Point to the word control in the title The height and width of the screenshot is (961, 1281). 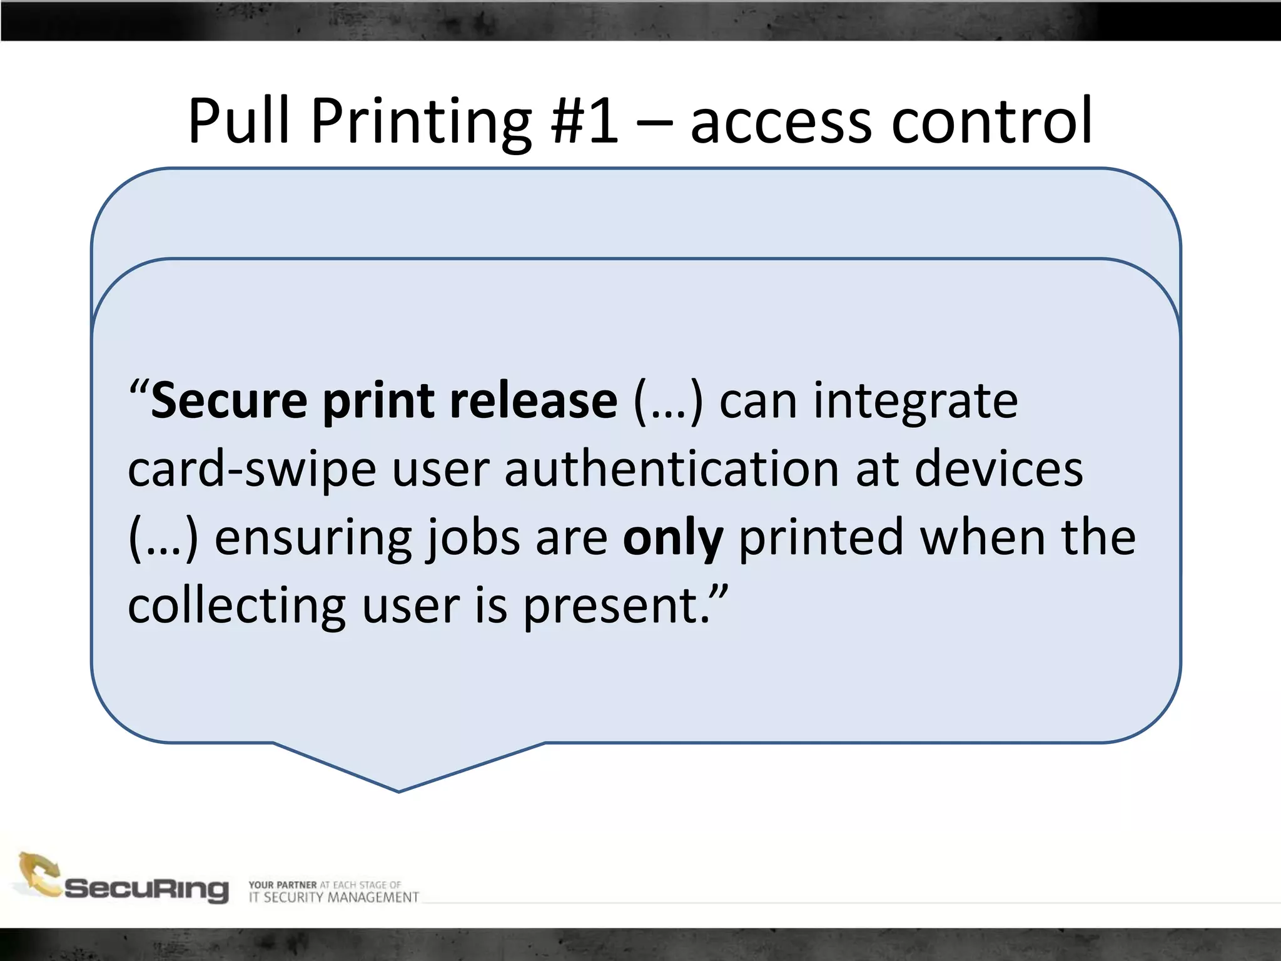pos(992,120)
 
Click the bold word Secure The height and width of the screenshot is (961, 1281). pos(229,401)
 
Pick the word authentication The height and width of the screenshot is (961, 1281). pos(672,469)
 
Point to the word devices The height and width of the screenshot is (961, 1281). pos(998,469)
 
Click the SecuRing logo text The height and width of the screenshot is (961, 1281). pos(147,889)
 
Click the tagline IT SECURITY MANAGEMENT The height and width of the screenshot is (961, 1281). pos(333,898)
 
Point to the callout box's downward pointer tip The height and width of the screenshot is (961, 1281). pos(399,791)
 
